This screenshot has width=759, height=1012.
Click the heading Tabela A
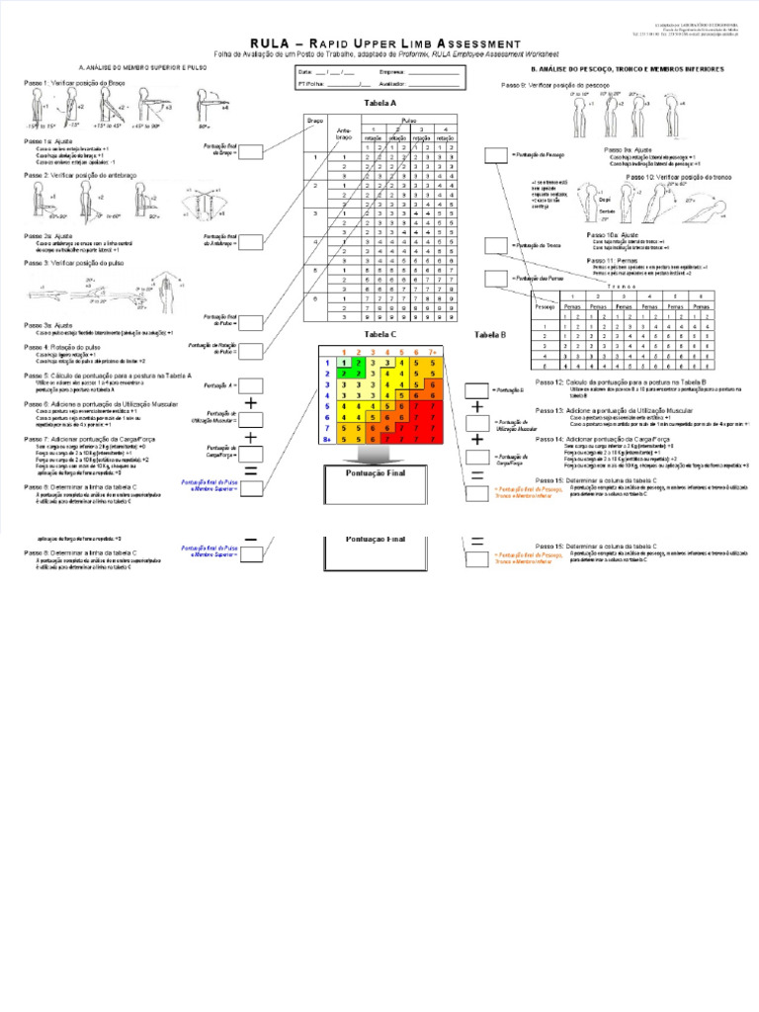380,103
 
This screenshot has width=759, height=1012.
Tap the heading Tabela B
490,335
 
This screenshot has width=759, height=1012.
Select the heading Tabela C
380,335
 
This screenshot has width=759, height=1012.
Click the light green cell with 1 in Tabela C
343,363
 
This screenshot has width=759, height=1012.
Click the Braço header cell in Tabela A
316,120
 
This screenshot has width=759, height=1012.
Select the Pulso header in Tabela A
406,120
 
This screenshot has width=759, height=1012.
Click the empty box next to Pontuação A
250,384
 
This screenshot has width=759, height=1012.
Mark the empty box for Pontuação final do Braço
250,151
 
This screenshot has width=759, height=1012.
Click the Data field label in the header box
304,72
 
